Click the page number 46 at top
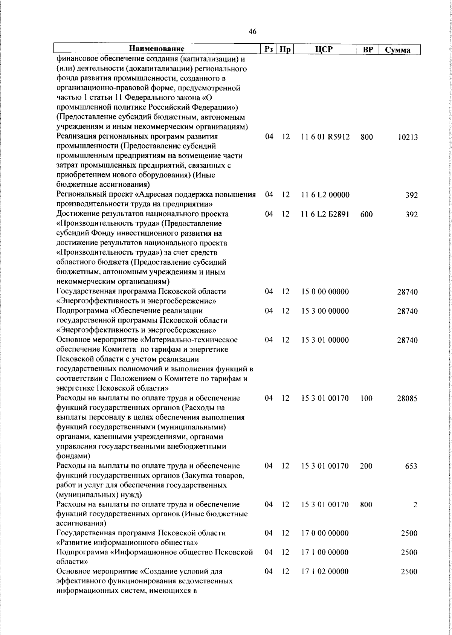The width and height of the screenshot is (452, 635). pyautogui.click(x=253, y=32)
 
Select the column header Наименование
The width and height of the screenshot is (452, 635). pyautogui.click(x=157, y=49)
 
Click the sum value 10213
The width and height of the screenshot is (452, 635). pyautogui.click(x=408, y=138)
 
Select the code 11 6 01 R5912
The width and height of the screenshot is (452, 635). pyautogui.click(x=325, y=137)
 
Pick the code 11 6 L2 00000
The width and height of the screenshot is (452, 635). pyautogui.click(x=325, y=195)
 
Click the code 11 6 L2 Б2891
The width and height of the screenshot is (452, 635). pyautogui.click(x=325, y=214)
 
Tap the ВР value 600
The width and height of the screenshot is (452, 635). pyautogui.click(x=366, y=214)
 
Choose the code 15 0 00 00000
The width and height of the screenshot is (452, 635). pyautogui.click(x=325, y=292)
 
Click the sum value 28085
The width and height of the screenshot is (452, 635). pyautogui.click(x=407, y=399)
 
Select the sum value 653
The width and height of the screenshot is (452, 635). pyautogui.click(x=411, y=466)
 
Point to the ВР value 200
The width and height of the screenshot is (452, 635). pyautogui.click(x=366, y=466)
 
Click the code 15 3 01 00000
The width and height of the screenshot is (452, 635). pyautogui.click(x=325, y=340)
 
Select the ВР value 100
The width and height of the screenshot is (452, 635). pyautogui.click(x=366, y=398)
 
